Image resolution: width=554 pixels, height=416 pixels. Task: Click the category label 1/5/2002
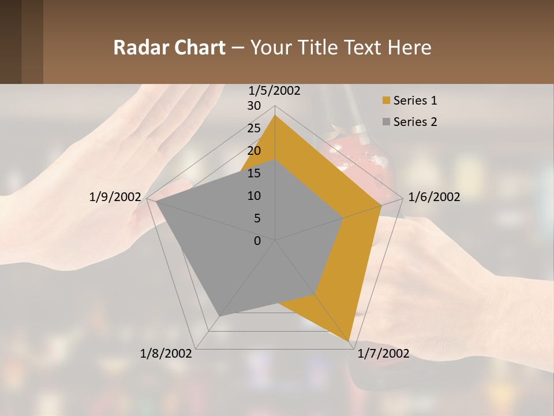[275, 91]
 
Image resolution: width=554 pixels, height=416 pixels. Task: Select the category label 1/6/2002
[434, 197]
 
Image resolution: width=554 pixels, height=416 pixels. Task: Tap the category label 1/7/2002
[383, 354]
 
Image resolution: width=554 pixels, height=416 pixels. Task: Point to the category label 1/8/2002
[166, 354]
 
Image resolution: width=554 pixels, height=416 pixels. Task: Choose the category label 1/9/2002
[115, 197]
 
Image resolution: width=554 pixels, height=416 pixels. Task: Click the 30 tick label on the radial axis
[253, 106]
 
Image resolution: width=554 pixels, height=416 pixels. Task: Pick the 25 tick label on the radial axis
[253, 128]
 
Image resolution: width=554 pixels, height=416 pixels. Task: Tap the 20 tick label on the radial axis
[253, 151]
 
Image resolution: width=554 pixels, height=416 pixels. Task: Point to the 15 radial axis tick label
[253, 173]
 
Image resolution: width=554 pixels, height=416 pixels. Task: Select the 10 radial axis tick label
[253, 196]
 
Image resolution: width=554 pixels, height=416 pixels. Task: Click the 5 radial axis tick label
[257, 218]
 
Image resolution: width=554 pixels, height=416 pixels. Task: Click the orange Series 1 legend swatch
[386, 101]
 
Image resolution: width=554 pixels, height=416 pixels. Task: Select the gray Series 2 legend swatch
[386, 122]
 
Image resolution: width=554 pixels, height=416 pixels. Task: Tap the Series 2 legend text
[415, 122]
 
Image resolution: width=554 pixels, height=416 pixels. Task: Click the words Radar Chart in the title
[169, 47]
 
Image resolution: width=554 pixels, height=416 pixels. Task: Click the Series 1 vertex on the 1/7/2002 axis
[349, 341]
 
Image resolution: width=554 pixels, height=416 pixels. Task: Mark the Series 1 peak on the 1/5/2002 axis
[275, 116]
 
